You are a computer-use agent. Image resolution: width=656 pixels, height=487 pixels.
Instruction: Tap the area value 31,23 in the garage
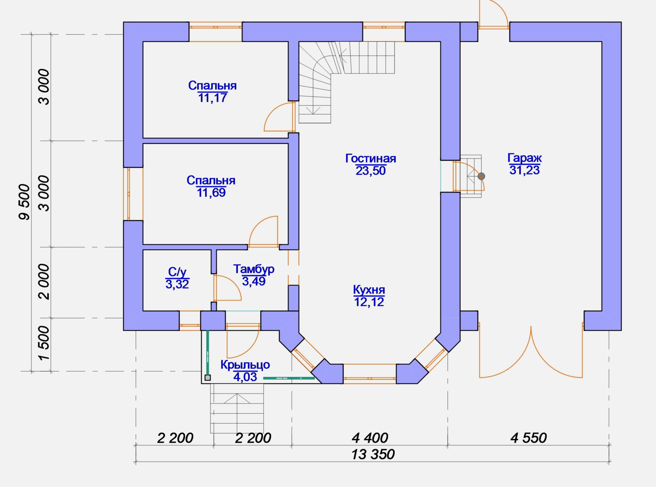click(525, 170)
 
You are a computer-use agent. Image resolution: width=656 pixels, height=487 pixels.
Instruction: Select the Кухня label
click(369, 290)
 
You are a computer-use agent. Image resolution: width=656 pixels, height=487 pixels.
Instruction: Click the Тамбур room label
click(254, 269)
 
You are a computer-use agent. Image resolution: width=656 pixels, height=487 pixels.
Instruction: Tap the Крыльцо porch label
click(245, 365)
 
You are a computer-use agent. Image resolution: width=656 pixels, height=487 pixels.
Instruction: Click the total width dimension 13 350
click(373, 455)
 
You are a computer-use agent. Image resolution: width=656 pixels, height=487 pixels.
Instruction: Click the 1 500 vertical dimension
click(44, 343)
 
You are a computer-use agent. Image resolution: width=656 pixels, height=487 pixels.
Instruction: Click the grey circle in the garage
click(481, 176)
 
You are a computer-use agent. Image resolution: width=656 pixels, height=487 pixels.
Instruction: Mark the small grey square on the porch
click(208, 378)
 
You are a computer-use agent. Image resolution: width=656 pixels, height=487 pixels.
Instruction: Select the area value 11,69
click(211, 193)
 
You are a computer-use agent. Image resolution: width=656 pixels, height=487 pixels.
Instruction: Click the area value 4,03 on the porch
click(245, 377)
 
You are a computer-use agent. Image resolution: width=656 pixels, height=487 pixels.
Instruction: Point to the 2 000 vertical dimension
click(44, 282)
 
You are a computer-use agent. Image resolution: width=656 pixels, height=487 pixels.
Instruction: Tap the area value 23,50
click(370, 171)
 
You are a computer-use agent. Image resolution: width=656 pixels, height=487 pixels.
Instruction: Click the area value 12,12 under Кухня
click(369, 302)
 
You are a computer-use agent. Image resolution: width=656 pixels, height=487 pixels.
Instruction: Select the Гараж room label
click(525, 158)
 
